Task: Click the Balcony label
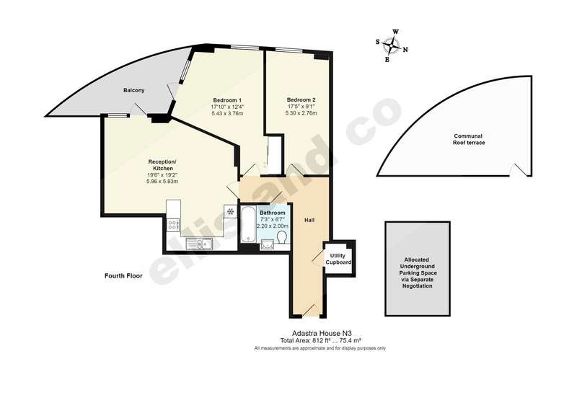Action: point(134,90)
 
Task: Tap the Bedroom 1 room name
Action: point(227,100)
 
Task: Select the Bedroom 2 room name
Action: point(301,99)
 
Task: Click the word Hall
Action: point(309,220)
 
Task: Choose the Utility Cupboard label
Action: point(338,259)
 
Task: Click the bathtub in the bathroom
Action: point(248,224)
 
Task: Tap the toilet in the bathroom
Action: point(283,237)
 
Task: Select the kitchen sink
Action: point(199,243)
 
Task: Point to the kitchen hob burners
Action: point(173,225)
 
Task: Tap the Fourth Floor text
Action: point(123,275)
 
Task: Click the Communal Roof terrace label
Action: point(468,139)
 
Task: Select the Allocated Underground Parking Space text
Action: point(418,272)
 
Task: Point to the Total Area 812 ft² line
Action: point(320,340)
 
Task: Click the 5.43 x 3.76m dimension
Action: point(227,113)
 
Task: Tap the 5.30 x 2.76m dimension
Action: point(301,113)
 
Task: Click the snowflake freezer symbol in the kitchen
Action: point(230,211)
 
